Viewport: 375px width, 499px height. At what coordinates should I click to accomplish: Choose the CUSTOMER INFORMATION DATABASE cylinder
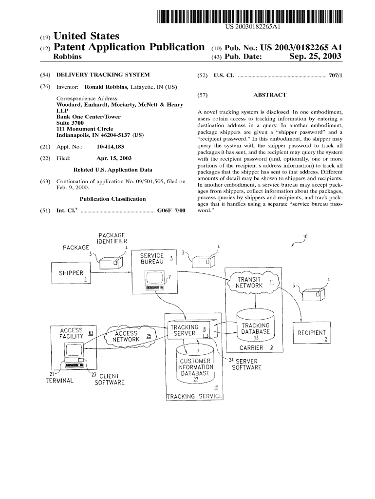195,368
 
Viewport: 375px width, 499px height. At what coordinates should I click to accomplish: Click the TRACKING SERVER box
187,331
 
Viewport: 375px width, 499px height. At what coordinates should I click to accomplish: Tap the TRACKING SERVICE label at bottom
194,397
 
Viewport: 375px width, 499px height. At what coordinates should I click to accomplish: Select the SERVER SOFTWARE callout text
248,364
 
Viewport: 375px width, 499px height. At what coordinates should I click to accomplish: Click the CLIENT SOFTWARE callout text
110,379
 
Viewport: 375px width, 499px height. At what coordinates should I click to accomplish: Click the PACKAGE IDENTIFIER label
112,238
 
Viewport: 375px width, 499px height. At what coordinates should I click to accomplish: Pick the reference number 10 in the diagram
305,237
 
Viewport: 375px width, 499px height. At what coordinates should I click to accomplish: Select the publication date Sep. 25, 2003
315,57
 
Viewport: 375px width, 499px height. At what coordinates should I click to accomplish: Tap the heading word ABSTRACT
269,95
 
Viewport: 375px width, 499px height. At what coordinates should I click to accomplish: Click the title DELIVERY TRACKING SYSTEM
103,75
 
